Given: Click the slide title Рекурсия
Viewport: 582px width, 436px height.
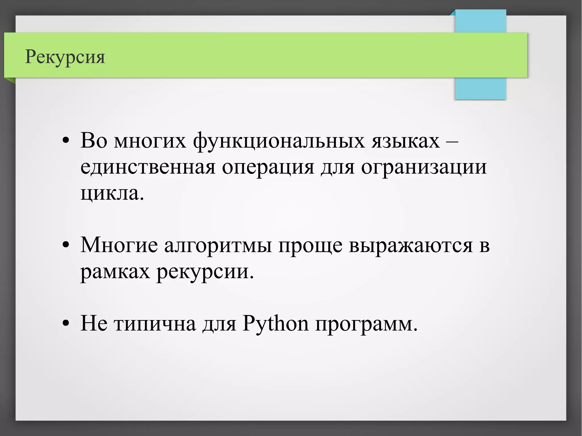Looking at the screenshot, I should (65, 57).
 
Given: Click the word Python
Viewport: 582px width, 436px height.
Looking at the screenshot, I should (275, 324).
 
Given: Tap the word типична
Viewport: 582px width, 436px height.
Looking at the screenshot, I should (155, 324).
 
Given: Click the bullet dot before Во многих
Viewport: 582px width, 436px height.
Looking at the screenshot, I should (66, 141).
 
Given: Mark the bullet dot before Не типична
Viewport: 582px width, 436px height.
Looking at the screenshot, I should (66, 324).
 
